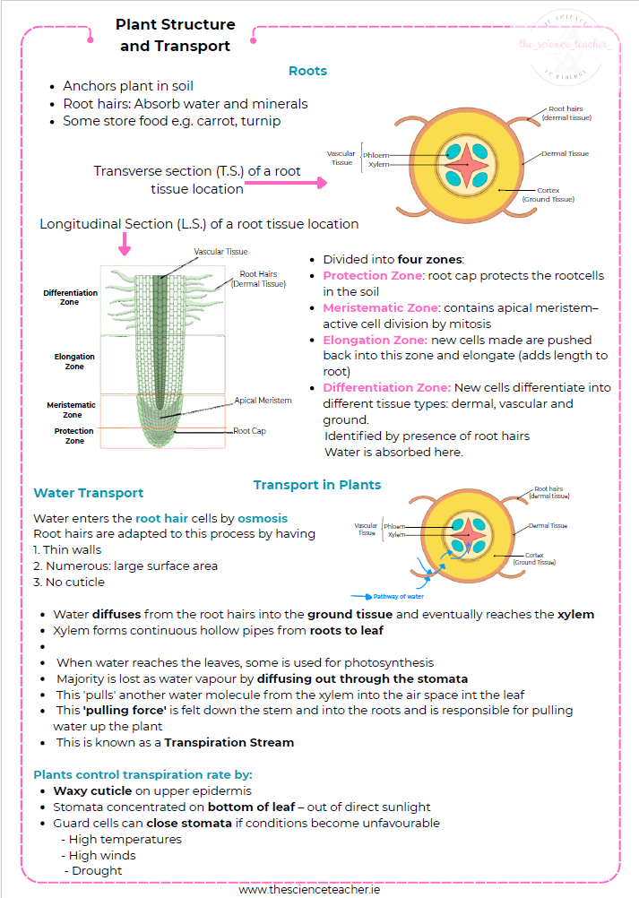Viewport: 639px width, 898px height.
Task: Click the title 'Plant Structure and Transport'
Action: tap(175, 35)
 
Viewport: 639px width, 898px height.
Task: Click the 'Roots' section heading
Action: tap(307, 71)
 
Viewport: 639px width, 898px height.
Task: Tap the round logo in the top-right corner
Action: tap(566, 46)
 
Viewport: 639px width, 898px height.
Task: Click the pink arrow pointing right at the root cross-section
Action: tap(286, 182)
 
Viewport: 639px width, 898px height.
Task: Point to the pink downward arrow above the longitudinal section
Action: tap(124, 243)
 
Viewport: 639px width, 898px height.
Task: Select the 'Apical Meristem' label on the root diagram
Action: tap(263, 401)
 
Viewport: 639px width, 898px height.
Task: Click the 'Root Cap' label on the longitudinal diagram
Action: tap(249, 431)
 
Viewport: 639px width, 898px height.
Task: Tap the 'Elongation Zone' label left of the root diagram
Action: tap(74, 361)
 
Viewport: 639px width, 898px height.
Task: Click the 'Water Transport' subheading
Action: tap(88, 493)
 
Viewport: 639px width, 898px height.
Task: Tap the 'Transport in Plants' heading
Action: tap(316, 485)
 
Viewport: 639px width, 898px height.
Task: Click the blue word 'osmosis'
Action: tap(263, 518)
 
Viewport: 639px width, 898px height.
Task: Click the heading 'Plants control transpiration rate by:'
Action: tap(142, 774)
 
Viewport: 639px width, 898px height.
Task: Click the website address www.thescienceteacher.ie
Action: tap(319, 889)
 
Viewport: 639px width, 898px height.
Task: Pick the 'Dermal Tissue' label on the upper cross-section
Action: tap(565, 153)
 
